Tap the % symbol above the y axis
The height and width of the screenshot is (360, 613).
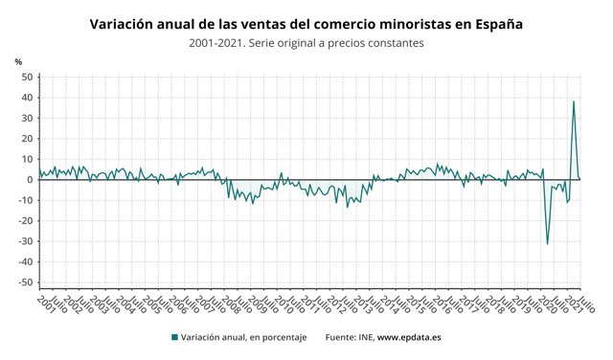18,62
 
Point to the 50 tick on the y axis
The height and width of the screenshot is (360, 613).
28,78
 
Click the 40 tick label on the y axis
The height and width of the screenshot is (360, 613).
28,98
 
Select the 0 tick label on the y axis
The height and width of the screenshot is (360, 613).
31,180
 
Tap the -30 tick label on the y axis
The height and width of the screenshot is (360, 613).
26,241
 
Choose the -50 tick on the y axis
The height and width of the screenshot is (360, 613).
26,282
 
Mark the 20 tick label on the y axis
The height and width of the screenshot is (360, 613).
28,139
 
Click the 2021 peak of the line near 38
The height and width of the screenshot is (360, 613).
574,101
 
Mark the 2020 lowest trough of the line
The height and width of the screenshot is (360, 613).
548,244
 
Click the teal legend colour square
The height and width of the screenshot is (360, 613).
174,337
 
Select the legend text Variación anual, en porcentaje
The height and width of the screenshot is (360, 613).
243,337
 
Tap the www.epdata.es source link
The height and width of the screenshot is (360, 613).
409,337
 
